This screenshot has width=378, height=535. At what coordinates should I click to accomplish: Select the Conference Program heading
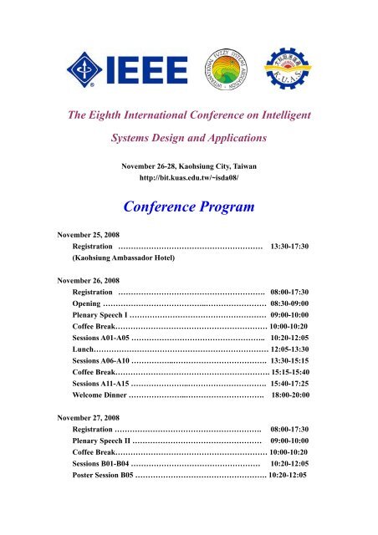(x=189, y=205)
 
